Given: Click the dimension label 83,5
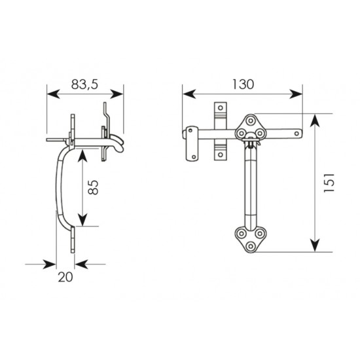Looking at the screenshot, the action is [84, 84].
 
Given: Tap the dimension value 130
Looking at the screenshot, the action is [243, 84].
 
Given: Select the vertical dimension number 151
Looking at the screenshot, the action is [329, 183].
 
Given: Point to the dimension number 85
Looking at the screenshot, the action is [94, 187].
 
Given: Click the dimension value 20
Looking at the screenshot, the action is [65, 277].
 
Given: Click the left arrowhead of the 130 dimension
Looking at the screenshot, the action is [189, 94].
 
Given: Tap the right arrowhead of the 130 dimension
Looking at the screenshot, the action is [296, 94].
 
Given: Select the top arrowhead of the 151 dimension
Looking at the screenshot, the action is [315, 121].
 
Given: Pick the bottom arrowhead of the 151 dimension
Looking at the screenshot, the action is [315, 245].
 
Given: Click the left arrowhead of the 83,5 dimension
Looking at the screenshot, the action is [53, 94].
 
